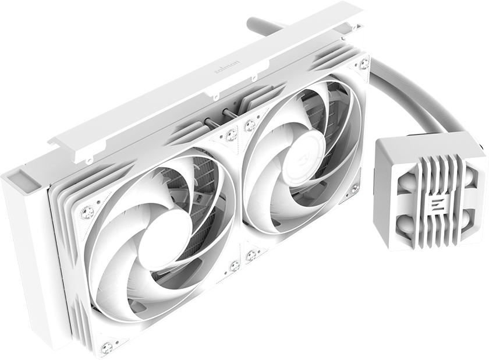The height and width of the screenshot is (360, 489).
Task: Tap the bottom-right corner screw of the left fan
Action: [235, 266]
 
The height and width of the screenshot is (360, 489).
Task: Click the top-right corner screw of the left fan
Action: [231, 135]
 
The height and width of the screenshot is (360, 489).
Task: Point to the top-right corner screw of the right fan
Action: [363, 63]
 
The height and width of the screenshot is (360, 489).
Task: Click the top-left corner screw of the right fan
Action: [250, 125]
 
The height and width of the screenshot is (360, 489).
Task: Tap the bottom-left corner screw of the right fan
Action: [251, 255]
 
